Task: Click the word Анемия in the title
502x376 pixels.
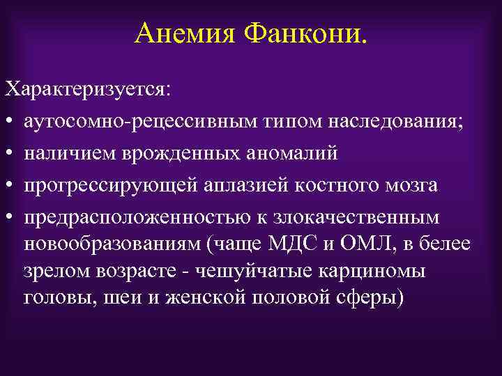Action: [x=183, y=33]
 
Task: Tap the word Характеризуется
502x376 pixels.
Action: [x=91, y=91]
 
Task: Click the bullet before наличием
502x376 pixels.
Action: [x=9, y=154]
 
